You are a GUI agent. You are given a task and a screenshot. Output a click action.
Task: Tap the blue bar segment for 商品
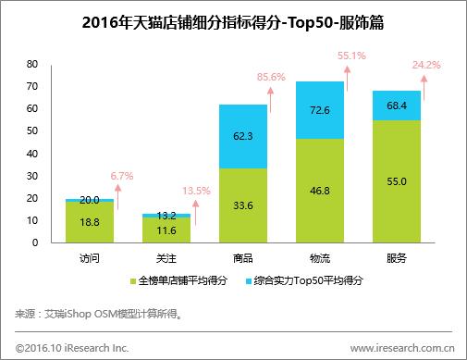(242, 136)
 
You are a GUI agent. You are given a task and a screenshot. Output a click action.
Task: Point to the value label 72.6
(319, 110)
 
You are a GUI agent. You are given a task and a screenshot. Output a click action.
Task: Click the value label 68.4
(397, 106)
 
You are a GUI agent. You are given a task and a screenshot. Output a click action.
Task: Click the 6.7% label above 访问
(122, 175)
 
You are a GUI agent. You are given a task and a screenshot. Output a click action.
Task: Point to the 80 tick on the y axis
(31, 64)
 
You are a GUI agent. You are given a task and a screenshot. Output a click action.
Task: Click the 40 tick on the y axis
(31, 154)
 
